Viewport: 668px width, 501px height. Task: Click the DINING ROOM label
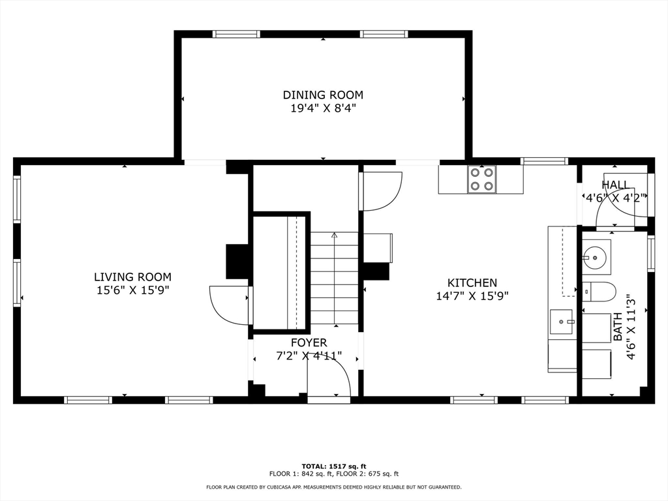323,95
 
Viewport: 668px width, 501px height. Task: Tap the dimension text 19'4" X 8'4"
323,109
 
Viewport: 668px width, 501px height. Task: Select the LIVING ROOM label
132,277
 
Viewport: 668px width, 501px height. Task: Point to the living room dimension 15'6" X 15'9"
132,291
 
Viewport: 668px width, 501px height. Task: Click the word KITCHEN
472,283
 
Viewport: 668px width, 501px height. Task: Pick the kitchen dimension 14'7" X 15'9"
472,296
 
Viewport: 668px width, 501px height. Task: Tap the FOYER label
309,342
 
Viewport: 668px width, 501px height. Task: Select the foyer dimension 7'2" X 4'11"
309,356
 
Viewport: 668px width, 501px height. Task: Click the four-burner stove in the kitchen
481,179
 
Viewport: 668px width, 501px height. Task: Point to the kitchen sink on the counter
562,322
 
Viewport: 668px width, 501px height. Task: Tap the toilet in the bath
599,292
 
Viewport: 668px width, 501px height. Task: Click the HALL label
615,185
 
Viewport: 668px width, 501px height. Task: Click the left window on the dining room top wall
236,34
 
